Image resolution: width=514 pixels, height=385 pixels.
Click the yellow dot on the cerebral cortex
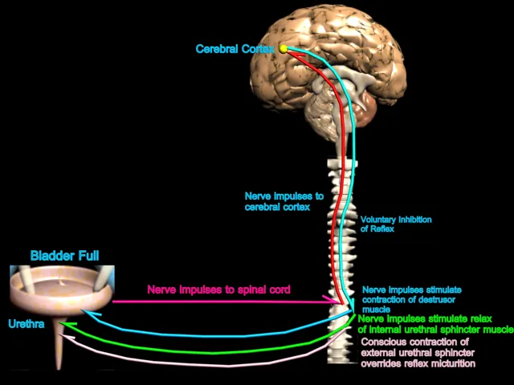coord(284,49)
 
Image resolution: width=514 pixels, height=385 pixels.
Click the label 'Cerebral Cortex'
coord(237,49)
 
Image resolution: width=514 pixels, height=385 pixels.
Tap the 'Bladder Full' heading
coord(65,256)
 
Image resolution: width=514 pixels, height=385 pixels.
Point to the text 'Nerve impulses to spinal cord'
coord(218,289)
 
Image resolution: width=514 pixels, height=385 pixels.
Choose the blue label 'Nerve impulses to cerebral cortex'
coord(284,201)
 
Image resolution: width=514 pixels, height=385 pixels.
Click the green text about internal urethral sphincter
coord(435,324)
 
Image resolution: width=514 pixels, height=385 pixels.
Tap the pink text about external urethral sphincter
coord(418,352)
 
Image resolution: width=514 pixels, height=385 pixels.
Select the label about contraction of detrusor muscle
coord(412,298)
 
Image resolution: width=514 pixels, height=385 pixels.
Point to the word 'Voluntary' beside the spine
coord(378,219)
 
